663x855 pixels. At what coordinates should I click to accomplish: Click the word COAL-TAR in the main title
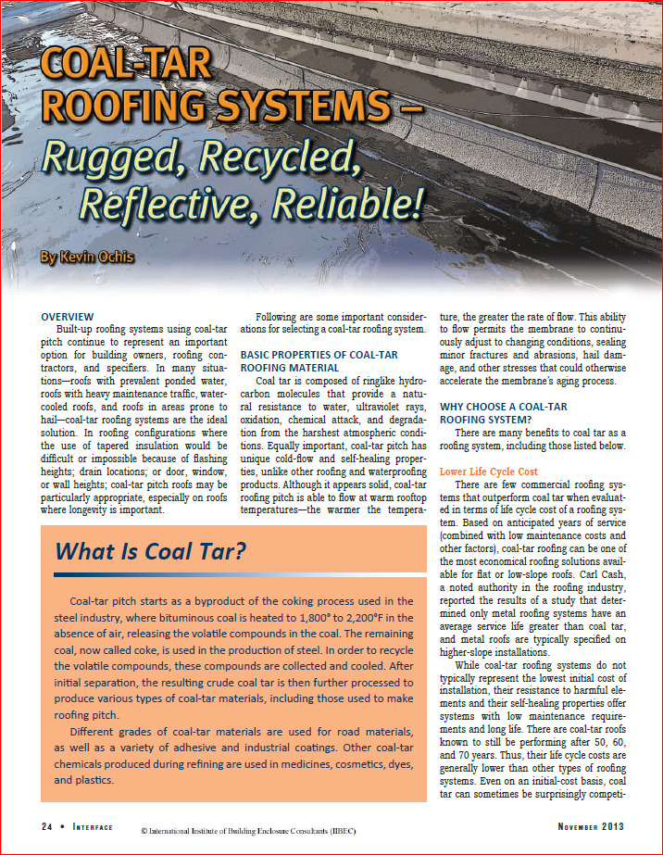click(124, 66)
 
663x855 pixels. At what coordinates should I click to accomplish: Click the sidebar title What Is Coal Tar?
click(151, 552)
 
